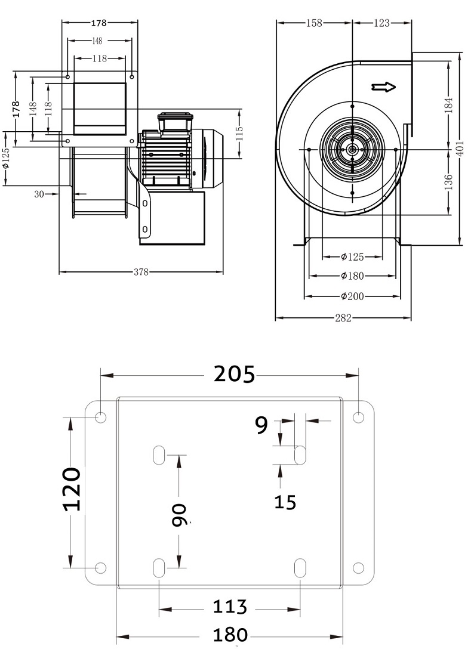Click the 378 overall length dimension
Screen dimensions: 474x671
point(141,272)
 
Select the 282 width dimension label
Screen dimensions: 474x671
point(343,317)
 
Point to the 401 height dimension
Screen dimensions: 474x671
point(460,149)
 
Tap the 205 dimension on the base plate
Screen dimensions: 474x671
point(234,374)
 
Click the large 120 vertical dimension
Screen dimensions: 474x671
point(72,489)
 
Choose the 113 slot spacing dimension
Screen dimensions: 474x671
point(230,607)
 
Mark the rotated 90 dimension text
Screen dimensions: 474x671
point(180,515)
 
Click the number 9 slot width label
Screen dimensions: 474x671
point(261,425)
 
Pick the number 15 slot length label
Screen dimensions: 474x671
point(285,502)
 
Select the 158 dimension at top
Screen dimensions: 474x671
point(314,23)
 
